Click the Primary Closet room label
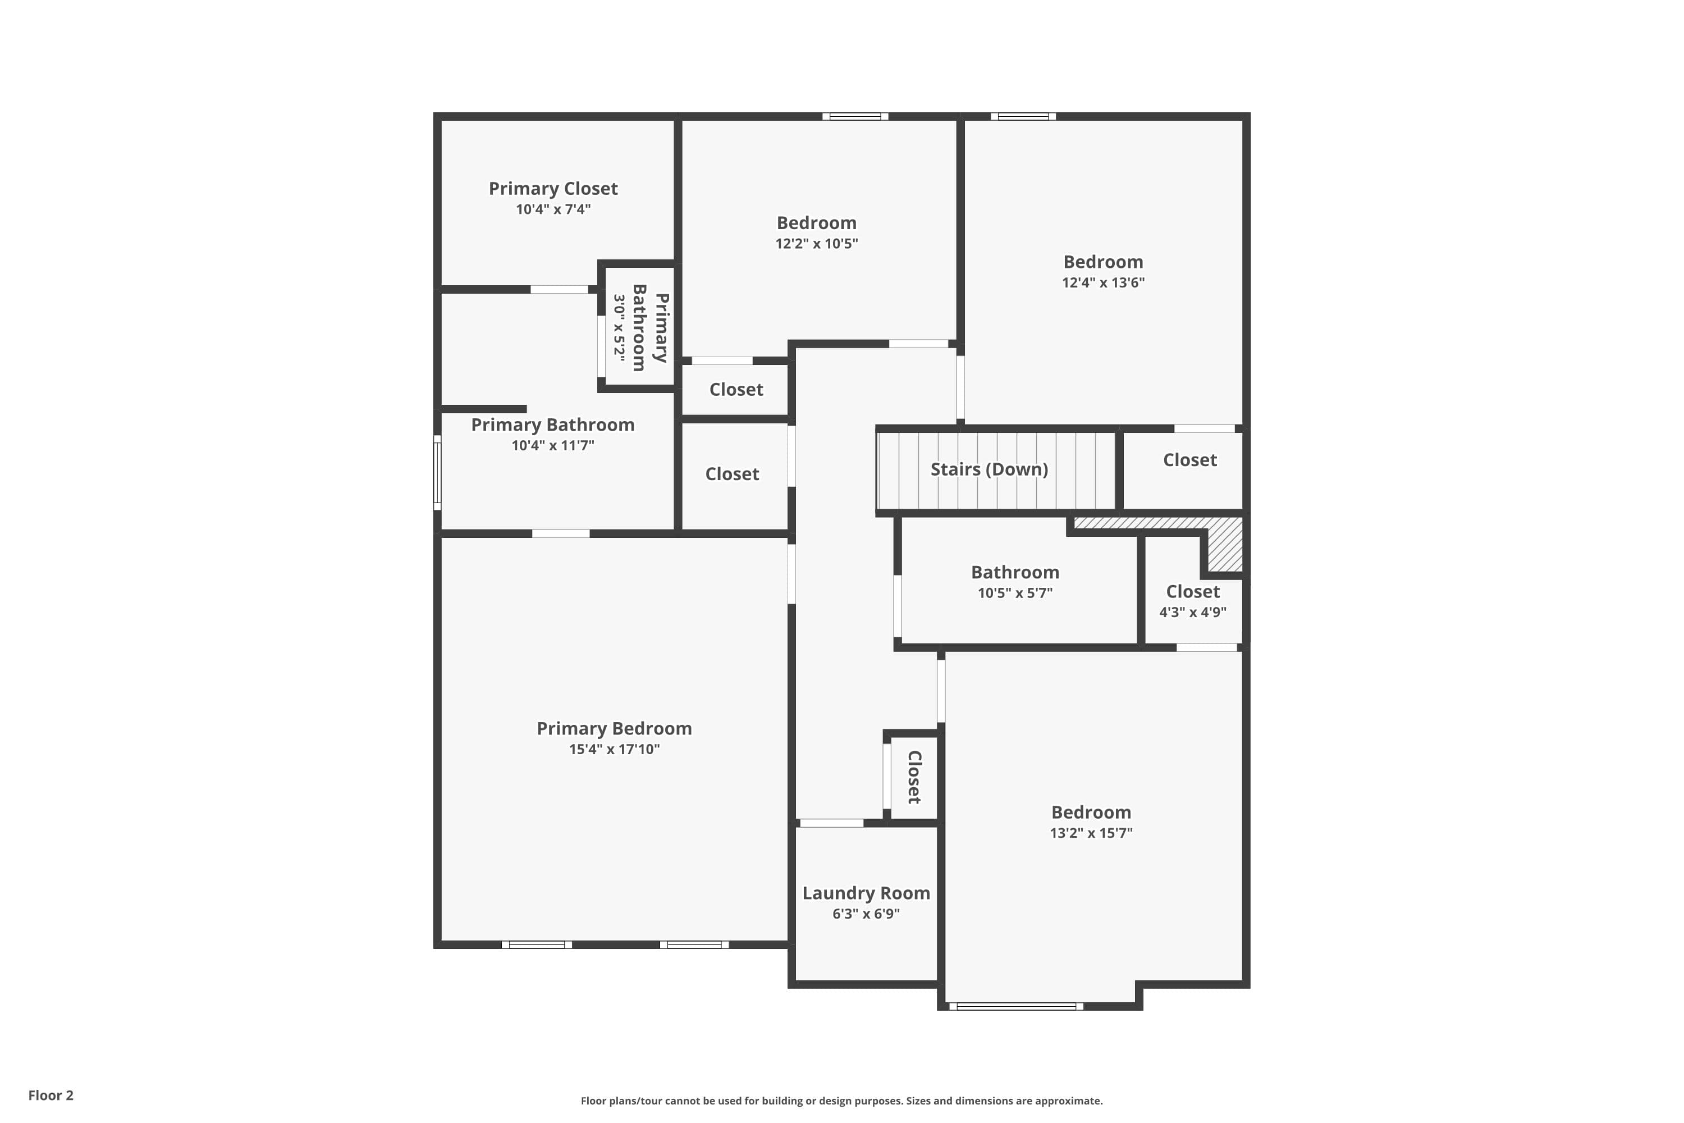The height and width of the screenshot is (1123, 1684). click(553, 188)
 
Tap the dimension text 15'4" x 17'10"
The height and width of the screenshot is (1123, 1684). click(614, 749)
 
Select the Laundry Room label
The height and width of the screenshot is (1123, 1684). click(866, 893)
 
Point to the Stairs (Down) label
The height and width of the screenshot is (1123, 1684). click(989, 469)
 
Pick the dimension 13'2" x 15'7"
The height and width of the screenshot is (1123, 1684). click(1091, 833)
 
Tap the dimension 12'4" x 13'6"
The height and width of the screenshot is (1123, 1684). click(1102, 282)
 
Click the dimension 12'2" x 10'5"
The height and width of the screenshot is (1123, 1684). click(816, 244)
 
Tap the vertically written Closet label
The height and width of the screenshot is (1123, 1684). click(914, 777)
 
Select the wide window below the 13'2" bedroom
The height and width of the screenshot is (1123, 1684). click(1016, 1006)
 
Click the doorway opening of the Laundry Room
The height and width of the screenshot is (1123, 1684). click(831, 824)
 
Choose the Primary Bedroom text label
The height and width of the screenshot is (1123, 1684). click(614, 728)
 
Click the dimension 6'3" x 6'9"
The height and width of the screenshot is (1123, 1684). click(866, 914)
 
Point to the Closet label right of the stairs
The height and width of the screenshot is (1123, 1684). click(1189, 460)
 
